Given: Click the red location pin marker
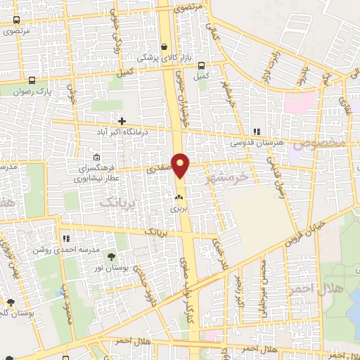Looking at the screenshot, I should [181, 166].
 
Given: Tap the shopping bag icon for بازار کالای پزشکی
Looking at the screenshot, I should [165, 47].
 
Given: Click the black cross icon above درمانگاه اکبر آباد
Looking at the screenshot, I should [122, 122].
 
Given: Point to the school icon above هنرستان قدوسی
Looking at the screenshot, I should [257, 131].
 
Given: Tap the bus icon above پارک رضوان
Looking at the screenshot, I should [32, 79].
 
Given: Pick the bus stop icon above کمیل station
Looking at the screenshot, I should [202, 65].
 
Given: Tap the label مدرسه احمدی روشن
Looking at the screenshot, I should [59, 249].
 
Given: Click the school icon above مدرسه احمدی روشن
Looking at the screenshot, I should [67, 239].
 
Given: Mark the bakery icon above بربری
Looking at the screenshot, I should [179, 198].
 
